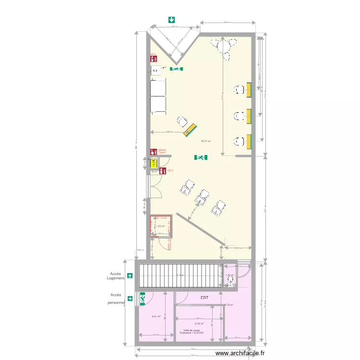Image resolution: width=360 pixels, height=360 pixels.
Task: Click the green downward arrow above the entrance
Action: [x=171, y=20]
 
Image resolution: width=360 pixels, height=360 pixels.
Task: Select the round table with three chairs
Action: [x=224, y=47]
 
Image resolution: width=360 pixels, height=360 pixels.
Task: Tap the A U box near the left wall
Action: [x=156, y=71]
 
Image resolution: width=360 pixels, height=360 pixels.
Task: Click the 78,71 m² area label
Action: [x=206, y=141]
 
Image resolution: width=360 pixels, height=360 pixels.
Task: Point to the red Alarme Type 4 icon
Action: [x=154, y=152]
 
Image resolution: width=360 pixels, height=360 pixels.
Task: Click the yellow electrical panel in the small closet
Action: [x=153, y=163]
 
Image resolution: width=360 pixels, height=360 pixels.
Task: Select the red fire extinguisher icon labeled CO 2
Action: [x=163, y=170]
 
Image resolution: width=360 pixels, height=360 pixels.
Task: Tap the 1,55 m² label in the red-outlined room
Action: [x=160, y=226]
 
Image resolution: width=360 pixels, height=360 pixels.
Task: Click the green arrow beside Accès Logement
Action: [x=130, y=276]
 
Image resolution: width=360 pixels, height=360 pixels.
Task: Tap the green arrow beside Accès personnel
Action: [x=130, y=298]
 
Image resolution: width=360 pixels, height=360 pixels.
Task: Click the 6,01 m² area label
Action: [x=156, y=316]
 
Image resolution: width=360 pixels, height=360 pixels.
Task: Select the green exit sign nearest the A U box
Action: [x=176, y=69]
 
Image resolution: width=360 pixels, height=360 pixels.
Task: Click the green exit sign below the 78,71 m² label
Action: [x=201, y=157]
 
